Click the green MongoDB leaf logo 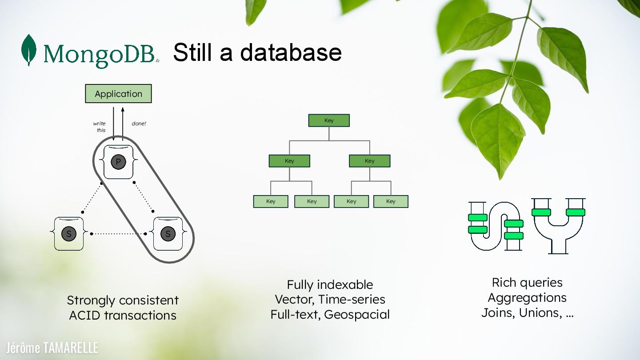pyautogui.click(x=29, y=50)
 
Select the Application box pyautogui.click(x=118, y=94)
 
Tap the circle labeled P pyautogui.click(x=118, y=162)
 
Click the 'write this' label pyautogui.click(x=100, y=127)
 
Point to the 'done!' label pyautogui.click(x=139, y=124)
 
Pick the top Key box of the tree pyautogui.click(x=329, y=120)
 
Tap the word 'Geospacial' pyautogui.click(x=357, y=315)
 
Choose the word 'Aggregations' pyautogui.click(x=527, y=298)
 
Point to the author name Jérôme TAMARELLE pyautogui.click(x=52, y=348)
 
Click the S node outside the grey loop pyautogui.click(x=68, y=234)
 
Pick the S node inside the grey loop pyautogui.click(x=168, y=234)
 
